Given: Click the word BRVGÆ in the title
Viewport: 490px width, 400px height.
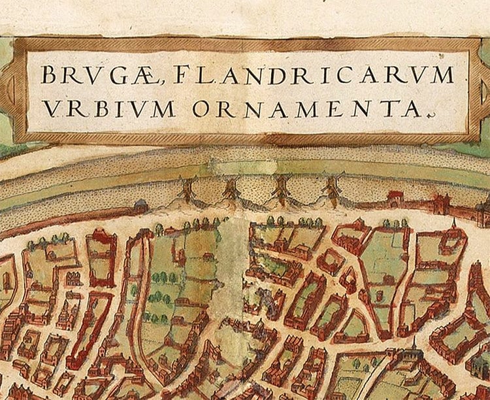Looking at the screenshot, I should point(97,76).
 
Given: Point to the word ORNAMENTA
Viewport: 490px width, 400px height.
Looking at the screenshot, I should point(306,108).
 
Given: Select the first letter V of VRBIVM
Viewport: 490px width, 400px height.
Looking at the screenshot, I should point(51,108).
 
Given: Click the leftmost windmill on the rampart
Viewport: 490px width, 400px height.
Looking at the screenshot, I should point(188,189).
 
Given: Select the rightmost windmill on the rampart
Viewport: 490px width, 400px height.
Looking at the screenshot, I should point(333,189).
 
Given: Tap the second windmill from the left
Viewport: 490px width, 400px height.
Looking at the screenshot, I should point(231,190).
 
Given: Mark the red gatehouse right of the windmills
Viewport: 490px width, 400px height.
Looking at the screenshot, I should point(397,198).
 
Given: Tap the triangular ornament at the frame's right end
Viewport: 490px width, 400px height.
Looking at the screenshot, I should point(481,92).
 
